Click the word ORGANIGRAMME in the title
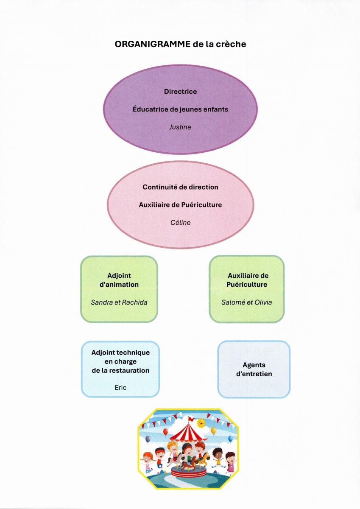(x=152, y=44)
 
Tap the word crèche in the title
(x=231, y=44)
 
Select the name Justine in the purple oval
(x=180, y=127)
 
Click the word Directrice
(x=180, y=92)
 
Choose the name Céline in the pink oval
(x=180, y=222)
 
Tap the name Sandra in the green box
(x=100, y=302)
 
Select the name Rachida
(x=135, y=302)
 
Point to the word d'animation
(x=119, y=285)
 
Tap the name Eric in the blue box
(x=120, y=387)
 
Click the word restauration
(x=128, y=370)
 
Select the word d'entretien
(x=254, y=374)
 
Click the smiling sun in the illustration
(x=201, y=422)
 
